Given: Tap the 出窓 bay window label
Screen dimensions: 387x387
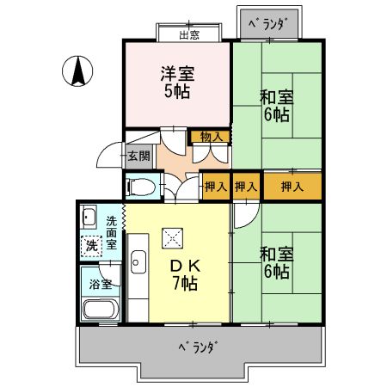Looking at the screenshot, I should tap(189, 34).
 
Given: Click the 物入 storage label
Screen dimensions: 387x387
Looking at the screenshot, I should tap(211, 136).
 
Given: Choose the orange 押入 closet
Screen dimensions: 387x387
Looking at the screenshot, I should tap(292, 185).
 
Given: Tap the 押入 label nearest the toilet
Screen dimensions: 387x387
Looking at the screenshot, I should tap(215, 186).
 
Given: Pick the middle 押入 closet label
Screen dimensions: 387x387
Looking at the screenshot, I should tap(246, 186).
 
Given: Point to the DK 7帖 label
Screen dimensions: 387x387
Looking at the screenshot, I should tap(184, 273).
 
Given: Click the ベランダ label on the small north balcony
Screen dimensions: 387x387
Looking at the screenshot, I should tap(267, 23).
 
